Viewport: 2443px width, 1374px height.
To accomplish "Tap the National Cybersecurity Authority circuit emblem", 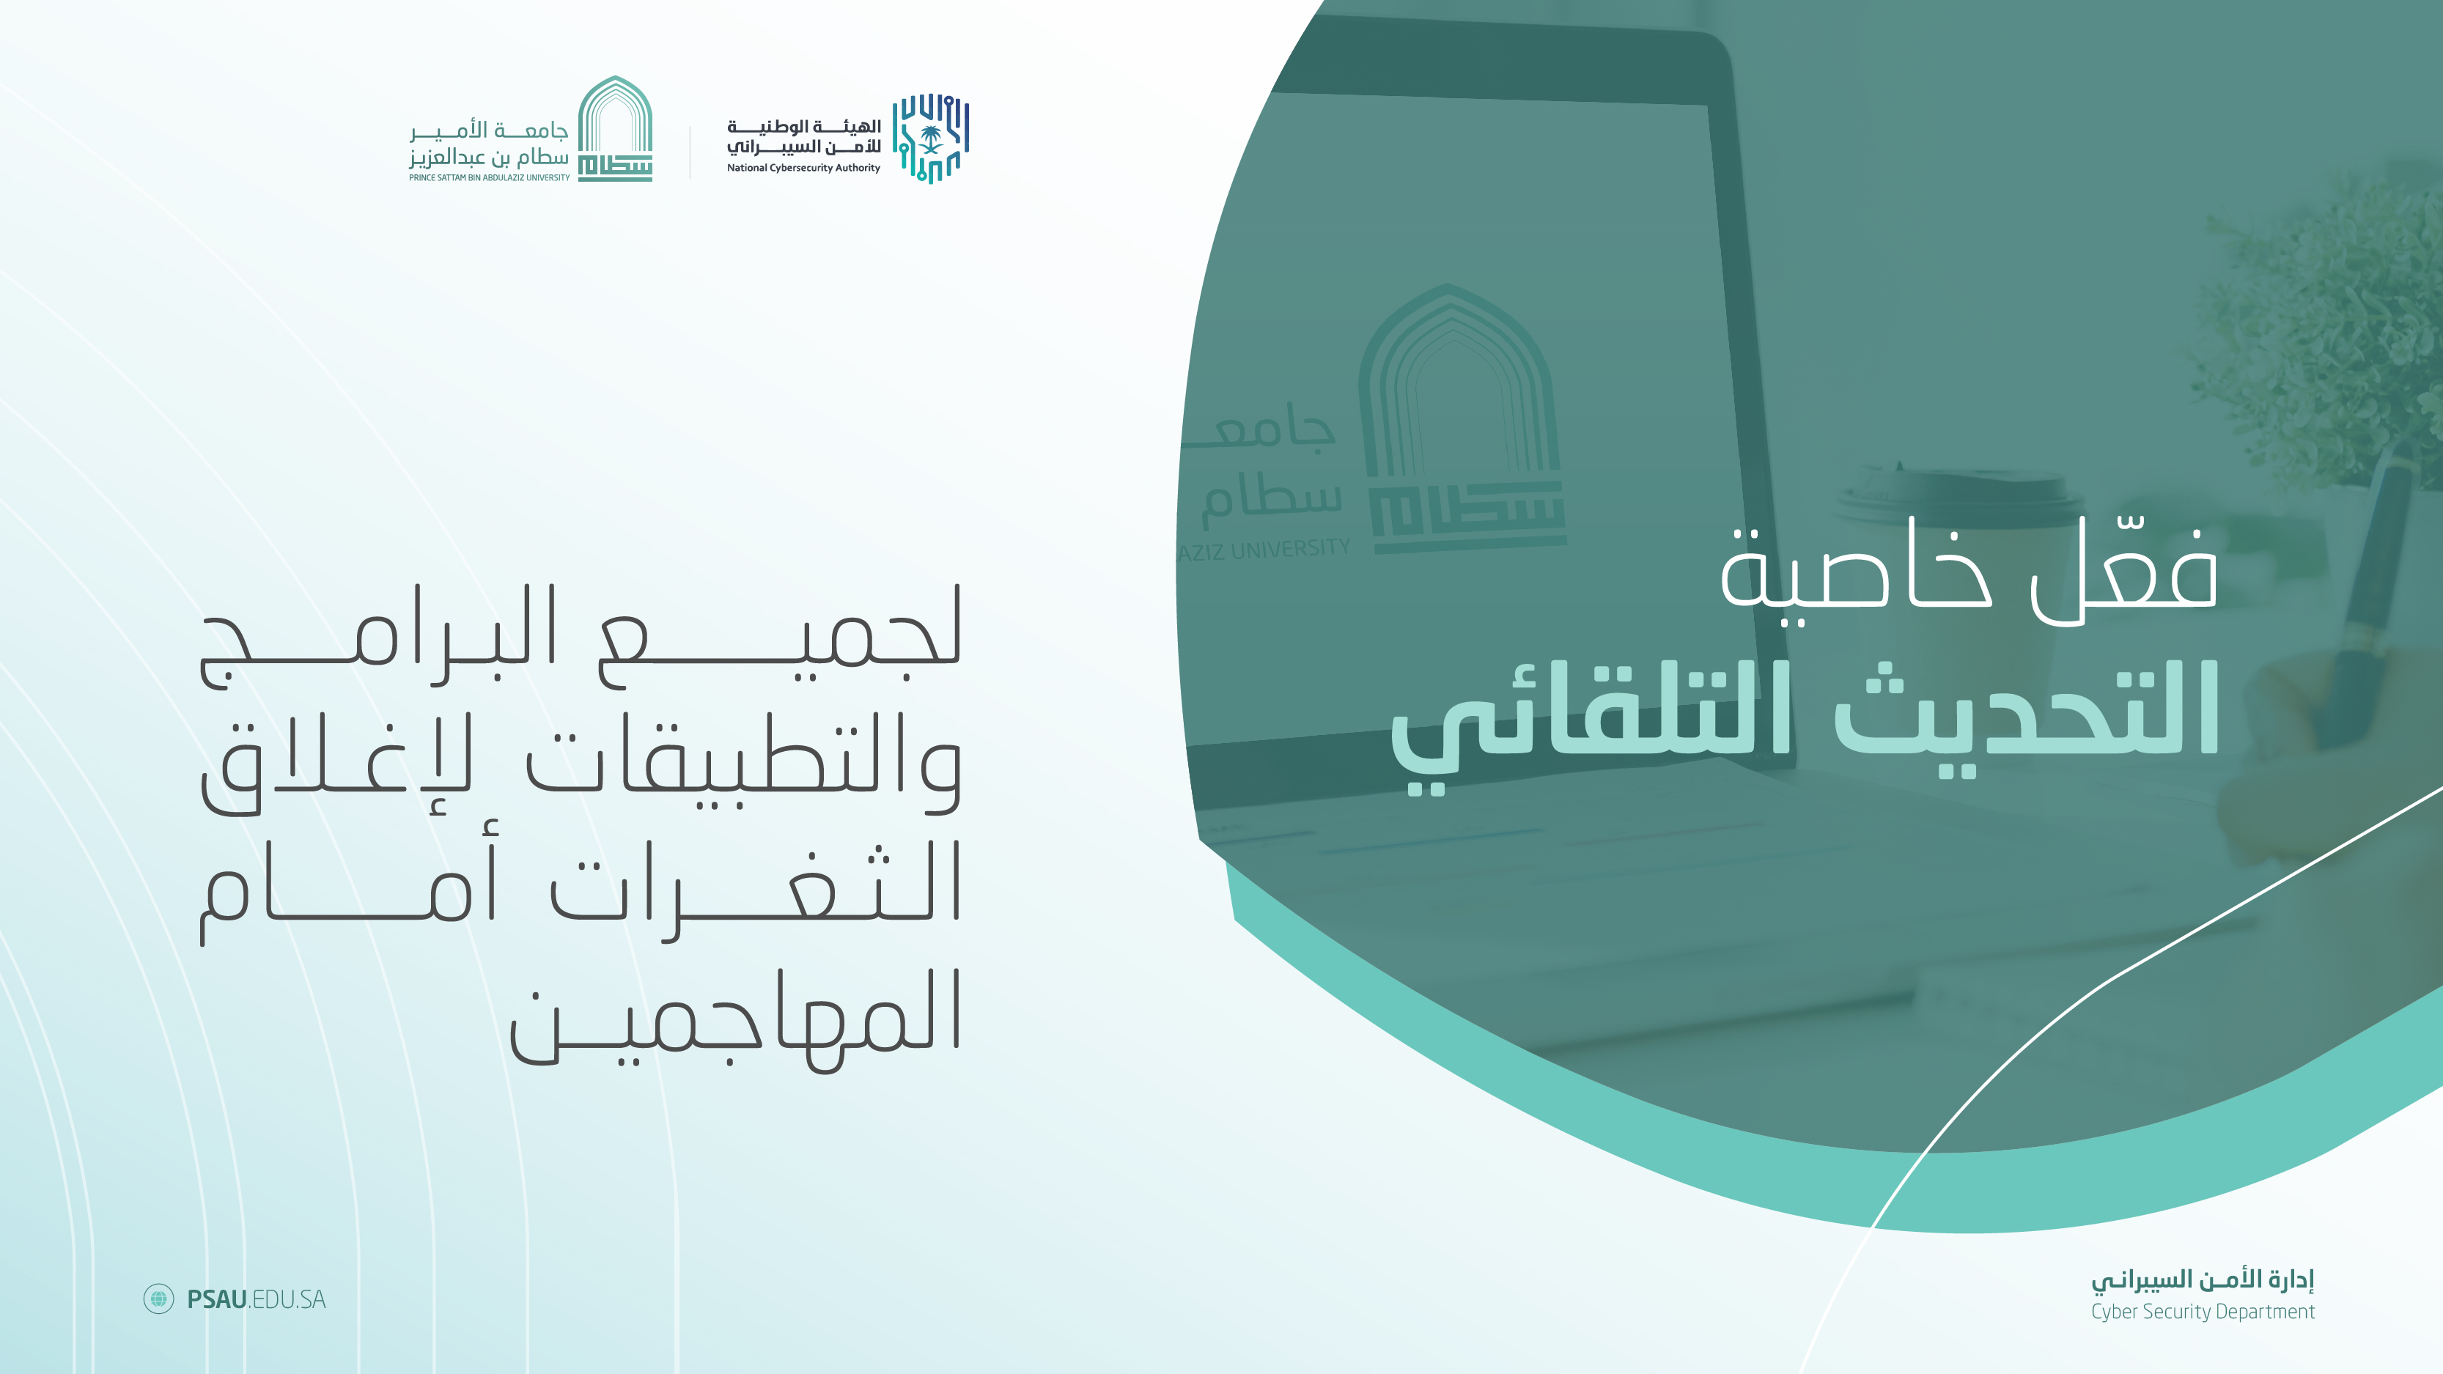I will [930, 138].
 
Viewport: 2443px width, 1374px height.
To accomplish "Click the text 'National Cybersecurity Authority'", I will [803, 168].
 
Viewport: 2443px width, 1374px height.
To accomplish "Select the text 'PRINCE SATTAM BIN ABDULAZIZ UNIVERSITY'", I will [490, 177].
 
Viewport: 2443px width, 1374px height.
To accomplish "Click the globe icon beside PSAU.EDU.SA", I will [158, 1298].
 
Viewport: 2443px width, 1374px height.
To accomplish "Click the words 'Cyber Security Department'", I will [2202, 1312].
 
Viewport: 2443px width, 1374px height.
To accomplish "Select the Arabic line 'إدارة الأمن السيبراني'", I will [2202, 1279].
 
